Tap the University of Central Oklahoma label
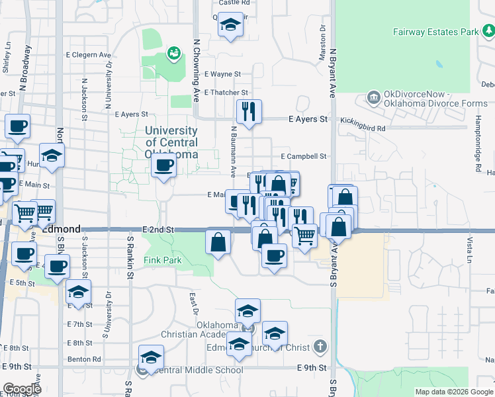point(171,142)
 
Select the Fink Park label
point(163,260)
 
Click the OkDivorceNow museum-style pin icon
point(374,99)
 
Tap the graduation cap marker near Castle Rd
point(230,26)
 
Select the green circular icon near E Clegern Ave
point(174,52)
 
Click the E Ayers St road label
point(308,119)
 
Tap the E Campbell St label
point(304,156)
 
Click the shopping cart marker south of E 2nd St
point(304,235)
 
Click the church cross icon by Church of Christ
point(320,346)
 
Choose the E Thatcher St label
point(226,93)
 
